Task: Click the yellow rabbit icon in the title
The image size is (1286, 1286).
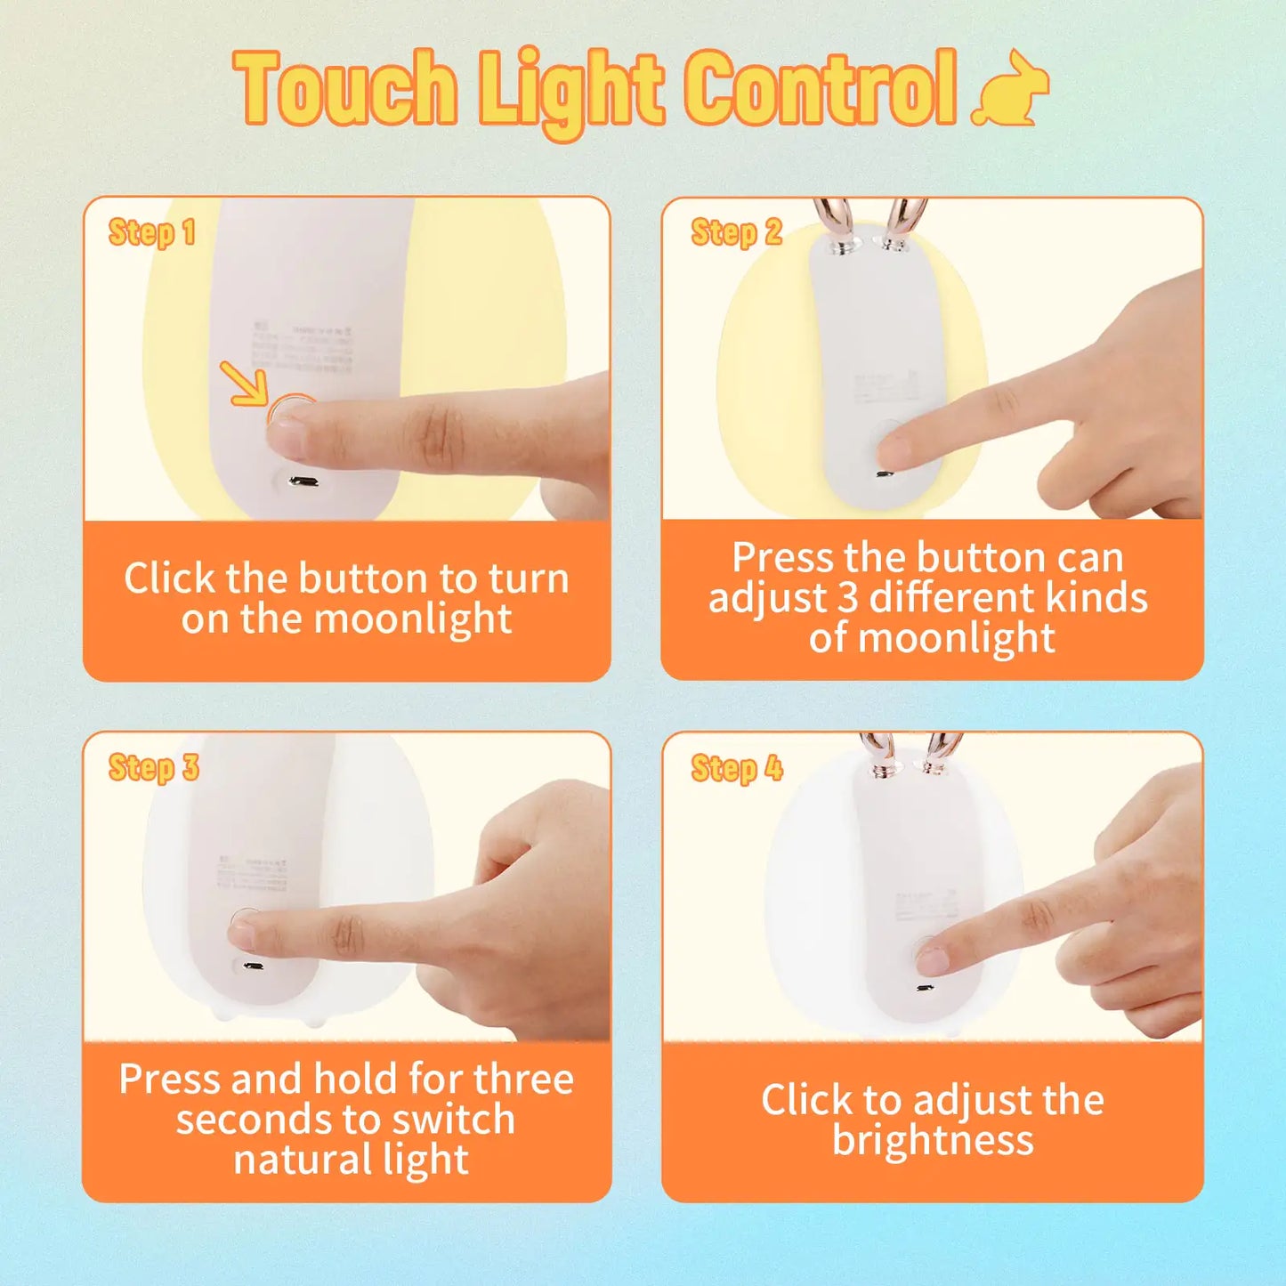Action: coord(1013,89)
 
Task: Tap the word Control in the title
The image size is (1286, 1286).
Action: coord(821,89)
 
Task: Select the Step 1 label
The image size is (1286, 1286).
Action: coord(151,233)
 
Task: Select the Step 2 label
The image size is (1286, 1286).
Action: coord(736,233)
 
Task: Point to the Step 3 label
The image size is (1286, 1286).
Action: coord(153,767)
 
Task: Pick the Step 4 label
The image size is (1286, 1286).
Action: coord(737,768)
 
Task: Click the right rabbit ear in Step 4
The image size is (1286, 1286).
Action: coord(941,753)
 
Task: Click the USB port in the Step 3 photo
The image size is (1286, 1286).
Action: coord(252,967)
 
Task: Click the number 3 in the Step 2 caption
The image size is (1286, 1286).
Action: coord(848,598)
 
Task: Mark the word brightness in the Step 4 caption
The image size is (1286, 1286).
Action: coord(933,1141)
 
